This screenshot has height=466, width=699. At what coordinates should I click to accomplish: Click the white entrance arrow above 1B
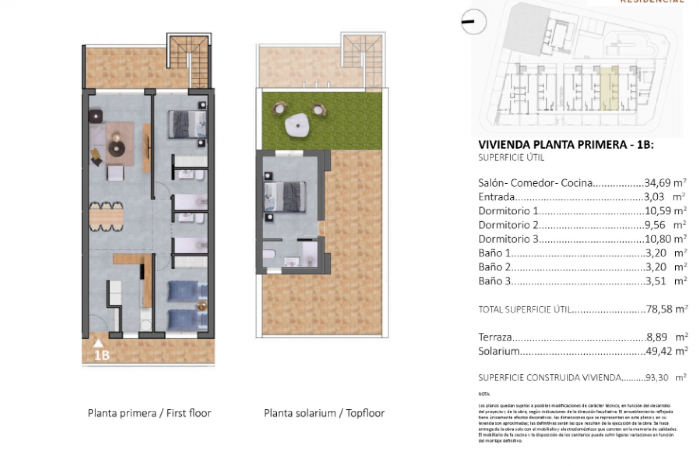pyautogui.click(x=98, y=343)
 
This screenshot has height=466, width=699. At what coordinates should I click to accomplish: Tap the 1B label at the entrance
pyautogui.click(x=102, y=355)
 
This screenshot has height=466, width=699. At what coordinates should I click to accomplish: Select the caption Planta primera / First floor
pyautogui.click(x=149, y=413)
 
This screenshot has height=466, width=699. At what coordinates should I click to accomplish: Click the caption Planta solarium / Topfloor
pyautogui.click(x=324, y=413)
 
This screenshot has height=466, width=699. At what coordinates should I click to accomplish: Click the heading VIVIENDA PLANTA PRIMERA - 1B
pyautogui.click(x=566, y=145)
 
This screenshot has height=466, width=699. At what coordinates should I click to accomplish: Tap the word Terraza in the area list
pyautogui.click(x=495, y=337)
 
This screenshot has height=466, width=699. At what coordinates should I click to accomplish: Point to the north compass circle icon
pyautogui.click(x=474, y=22)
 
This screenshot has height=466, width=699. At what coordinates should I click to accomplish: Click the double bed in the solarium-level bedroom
pyautogui.click(x=284, y=197)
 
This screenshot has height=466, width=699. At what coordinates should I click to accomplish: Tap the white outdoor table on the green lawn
pyautogui.click(x=298, y=125)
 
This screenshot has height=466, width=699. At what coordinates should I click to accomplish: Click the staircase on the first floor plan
pyautogui.click(x=189, y=60)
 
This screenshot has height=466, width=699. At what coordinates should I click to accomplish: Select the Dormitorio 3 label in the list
pyautogui.click(x=508, y=239)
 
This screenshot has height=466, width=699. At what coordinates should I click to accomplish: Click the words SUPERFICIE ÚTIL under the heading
pyautogui.click(x=511, y=158)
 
